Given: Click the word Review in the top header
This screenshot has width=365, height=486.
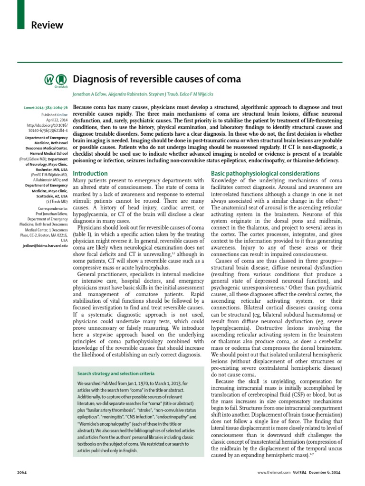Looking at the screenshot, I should [47, 25].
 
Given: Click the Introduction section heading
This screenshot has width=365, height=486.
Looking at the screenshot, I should [90, 174].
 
